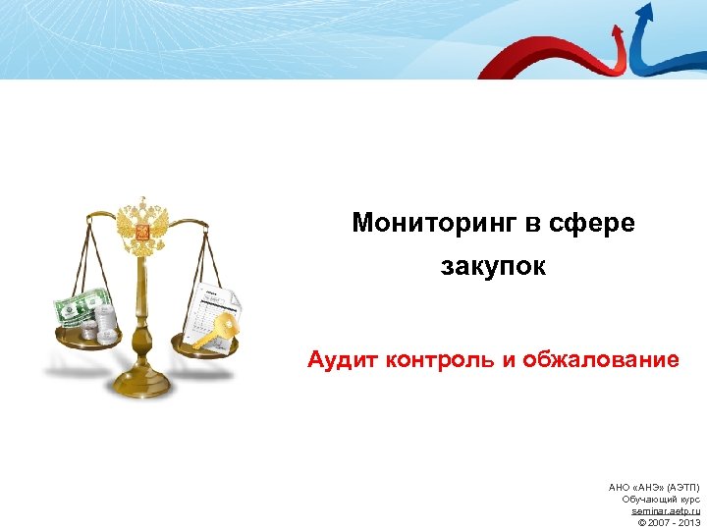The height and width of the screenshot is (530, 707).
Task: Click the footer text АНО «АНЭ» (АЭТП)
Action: [654, 488]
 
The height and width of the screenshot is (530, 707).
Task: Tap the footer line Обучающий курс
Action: [661, 500]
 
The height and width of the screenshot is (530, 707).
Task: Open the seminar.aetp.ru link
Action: [666, 511]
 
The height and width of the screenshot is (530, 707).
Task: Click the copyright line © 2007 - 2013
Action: [669, 523]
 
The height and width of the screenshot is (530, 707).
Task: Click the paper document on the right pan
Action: [212, 304]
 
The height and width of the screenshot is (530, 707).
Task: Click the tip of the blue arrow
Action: [644, 9]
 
